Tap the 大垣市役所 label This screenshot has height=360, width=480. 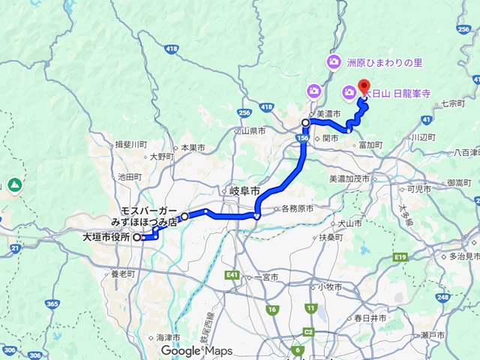[106, 237]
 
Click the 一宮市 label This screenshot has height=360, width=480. [266, 277]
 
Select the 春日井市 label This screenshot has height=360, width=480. [370, 318]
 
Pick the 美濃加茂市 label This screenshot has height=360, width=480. [349, 178]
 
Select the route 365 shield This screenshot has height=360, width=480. [52, 304]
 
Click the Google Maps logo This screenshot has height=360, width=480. [196, 350]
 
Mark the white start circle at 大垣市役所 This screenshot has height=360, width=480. [137, 238]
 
